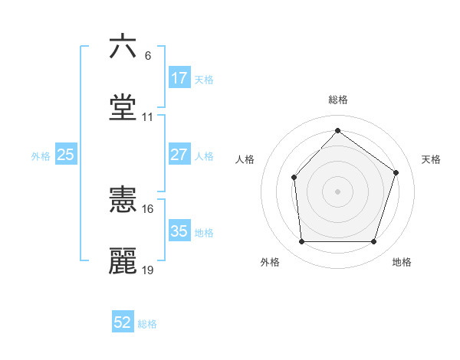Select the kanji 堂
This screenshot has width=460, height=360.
click(123, 108)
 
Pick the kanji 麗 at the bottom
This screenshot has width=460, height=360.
click(123, 261)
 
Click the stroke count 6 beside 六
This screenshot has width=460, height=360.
click(148, 56)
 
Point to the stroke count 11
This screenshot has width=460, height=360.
click(148, 117)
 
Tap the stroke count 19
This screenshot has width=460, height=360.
click(148, 270)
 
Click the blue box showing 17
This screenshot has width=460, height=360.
click(179, 78)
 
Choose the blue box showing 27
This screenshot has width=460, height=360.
click(179, 155)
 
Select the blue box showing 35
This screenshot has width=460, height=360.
click(179, 231)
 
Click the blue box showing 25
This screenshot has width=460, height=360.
click(66, 155)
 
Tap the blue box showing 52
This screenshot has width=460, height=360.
click(123, 322)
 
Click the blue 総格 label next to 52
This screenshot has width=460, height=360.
click(147, 324)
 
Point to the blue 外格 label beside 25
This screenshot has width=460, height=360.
click(41, 156)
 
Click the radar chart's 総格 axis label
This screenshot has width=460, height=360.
click(338, 100)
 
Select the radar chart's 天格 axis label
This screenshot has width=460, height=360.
click(431, 159)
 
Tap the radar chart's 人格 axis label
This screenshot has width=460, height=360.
click(245, 159)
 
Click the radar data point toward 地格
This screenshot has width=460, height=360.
click(373, 242)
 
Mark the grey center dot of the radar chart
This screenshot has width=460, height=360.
click(337, 191)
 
